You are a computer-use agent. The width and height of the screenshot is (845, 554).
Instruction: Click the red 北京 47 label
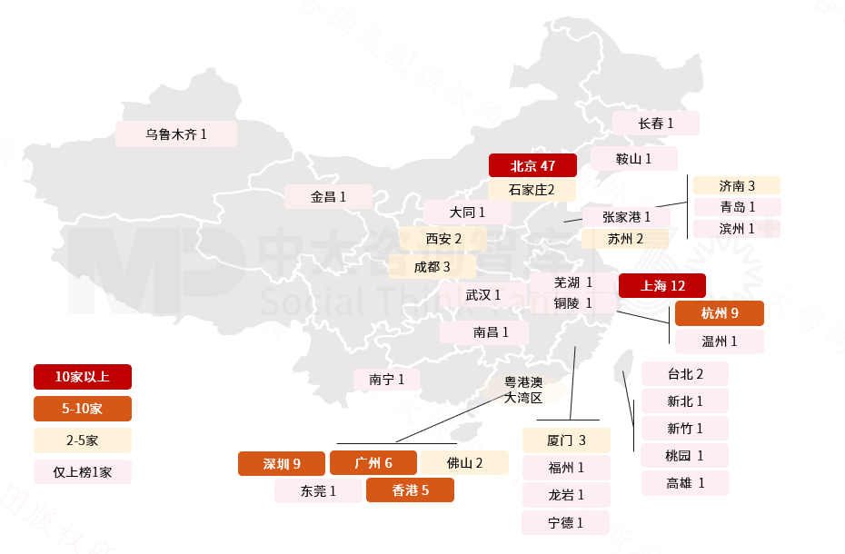[533, 165]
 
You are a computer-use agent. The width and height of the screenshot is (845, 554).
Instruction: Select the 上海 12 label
[661, 285]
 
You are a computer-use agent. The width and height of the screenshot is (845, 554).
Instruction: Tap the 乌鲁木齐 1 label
[176, 134]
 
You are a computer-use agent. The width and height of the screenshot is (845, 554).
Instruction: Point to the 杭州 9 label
[719, 313]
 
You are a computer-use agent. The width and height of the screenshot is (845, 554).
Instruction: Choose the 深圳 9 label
[282, 463]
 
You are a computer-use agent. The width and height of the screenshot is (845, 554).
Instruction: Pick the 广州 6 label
[373, 463]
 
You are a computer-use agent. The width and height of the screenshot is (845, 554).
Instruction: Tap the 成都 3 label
[432, 266]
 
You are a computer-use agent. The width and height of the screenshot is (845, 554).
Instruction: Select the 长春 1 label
[655, 123]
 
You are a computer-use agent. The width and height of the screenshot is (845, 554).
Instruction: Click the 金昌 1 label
[328, 196]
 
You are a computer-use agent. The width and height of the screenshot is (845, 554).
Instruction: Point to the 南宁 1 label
[387, 379]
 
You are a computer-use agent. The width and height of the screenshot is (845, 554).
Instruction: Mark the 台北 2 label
[685, 373]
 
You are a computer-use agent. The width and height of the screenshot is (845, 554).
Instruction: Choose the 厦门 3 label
[566, 440]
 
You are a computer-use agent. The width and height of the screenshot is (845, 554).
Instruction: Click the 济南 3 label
[737, 185]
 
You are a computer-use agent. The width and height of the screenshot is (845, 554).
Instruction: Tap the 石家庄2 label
[532, 190]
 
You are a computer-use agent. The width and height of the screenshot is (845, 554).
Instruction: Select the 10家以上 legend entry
[83, 377]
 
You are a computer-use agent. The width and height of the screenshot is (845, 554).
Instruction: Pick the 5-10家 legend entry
[83, 409]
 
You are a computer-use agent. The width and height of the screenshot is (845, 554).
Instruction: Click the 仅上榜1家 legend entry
[83, 471]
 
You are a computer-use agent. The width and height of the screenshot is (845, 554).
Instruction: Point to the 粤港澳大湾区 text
[523, 390]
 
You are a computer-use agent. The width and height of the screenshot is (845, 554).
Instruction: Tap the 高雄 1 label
[685, 483]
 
